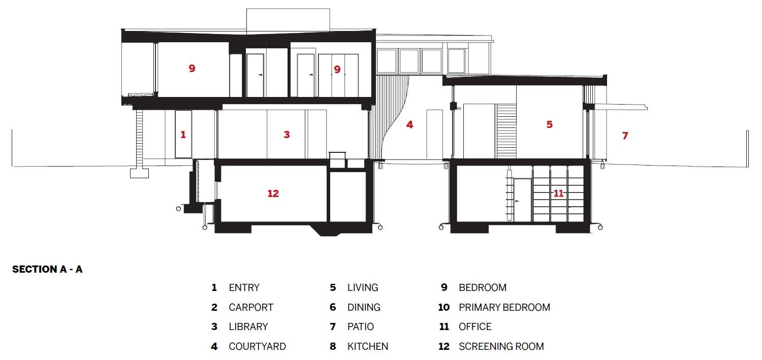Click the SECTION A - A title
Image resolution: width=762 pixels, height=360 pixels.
tap(47, 269)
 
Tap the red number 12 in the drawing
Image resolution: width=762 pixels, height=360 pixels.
tap(273, 193)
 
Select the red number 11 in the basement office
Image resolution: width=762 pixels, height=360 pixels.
tap(558, 193)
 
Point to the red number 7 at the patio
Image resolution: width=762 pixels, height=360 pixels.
tap(625, 136)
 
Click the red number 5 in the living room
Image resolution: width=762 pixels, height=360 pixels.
tap(549, 124)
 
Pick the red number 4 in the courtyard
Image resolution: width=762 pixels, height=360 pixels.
tap(409, 124)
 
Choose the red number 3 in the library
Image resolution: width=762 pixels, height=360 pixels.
tap(287, 135)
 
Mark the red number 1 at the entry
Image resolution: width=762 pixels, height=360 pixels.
tap(183, 135)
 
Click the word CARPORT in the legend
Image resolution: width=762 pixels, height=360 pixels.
tap(251, 307)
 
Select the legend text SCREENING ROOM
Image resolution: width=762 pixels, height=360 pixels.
tap(501, 346)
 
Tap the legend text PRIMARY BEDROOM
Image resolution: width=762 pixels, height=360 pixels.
tap(504, 307)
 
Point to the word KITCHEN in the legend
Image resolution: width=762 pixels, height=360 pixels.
tap(368, 346)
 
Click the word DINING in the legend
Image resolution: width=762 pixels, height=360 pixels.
tap(364, 307)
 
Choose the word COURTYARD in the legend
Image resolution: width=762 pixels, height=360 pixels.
tap(257, 346)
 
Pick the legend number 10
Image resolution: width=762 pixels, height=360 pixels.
tap(443, 307)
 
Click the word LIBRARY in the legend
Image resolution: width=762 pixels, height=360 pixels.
tap(248, 326)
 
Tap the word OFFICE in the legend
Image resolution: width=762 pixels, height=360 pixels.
tap(475, 326)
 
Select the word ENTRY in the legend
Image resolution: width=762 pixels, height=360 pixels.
tap(244, 287)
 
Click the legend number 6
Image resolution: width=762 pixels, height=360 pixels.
tap(333, 307)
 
